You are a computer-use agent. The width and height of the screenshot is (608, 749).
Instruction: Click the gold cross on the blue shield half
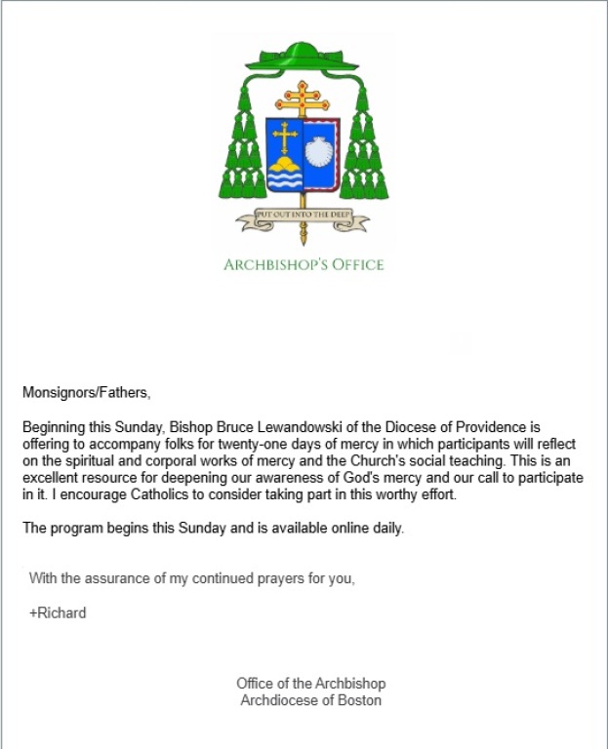click(285, 139)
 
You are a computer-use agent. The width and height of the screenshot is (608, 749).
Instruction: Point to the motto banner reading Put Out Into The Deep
click(304, 219)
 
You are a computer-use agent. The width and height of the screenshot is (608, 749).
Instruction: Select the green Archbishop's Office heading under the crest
click(304, 264)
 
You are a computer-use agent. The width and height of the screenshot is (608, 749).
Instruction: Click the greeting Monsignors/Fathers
click(87, 393)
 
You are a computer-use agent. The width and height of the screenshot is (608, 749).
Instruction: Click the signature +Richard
click(58, 613)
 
